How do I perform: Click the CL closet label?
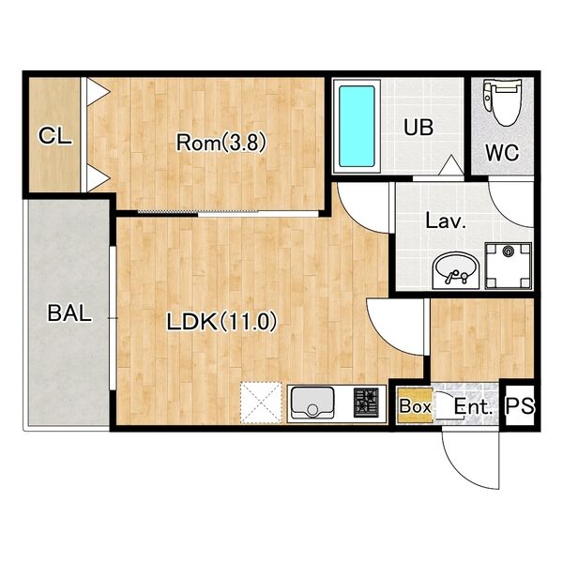coord(55,136)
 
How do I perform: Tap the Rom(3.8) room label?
coord(221,143)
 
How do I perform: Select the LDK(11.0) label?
coord(221,321)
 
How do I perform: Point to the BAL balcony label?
coord(69,313)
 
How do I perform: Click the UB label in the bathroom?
coord(418,127)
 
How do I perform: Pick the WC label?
coord(502,153)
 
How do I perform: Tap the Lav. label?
coord(445,221)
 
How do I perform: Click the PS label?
coord(520,406)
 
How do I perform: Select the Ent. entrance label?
coord(473,407)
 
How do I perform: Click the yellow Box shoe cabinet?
coord(415,406)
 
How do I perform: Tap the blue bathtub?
coord(357,127)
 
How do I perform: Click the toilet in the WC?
coord(502,102)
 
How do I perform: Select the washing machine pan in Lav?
coord(508,266)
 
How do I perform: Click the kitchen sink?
coord(312,403)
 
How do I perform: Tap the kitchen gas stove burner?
coord(366,403)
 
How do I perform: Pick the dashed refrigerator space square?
coord(261,403)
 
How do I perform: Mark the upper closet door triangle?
coord(98,92)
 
